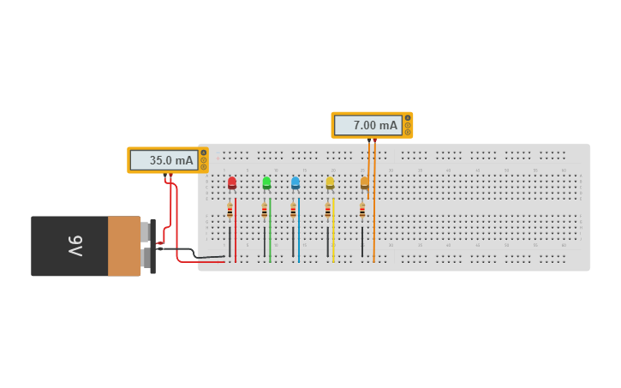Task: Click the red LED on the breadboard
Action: tap(232, 182)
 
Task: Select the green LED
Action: tap(266, 182)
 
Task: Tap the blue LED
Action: tap(296, 182)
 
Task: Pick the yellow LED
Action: tap(330, 182)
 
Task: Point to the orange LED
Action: tap(364, 182)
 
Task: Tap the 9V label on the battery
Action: tap(75, 246)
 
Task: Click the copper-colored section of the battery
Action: tap(123, 246)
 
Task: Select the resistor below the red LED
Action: tap(230, 211)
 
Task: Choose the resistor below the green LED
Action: tap(264, 211)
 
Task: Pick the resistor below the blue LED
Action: tap(293, 211)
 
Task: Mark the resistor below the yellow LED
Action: tap(327, 211)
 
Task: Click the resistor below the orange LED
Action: tap(361, 211)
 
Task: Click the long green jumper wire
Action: tap(270, 231)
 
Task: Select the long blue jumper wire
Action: tap(299, 231)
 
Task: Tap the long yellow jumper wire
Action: tap(333, 231)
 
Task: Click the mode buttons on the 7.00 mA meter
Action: tap(408, 125)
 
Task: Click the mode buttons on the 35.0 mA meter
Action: tap(203, 160)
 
